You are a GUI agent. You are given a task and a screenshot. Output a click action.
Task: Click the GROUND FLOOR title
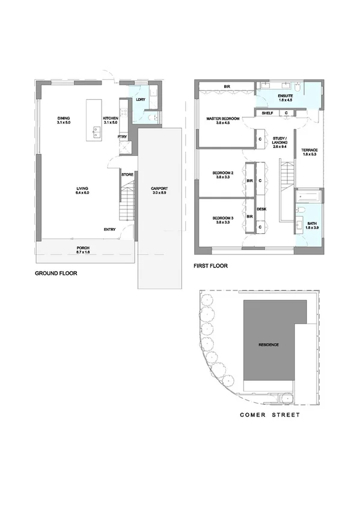click(56, 272)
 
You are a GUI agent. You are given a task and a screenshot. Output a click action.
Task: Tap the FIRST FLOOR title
click(210, 265)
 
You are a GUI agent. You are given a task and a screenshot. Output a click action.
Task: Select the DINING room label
click(64, 118)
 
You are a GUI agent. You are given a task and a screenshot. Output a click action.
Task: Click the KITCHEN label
click(111, 118)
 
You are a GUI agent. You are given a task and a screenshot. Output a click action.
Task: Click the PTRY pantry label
click(122, 137)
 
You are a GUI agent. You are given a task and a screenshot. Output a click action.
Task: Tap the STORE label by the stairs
click(127, 174)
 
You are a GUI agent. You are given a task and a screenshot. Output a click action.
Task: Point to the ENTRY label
click(109, 229)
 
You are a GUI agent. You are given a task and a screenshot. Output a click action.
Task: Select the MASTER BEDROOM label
click(223, 119)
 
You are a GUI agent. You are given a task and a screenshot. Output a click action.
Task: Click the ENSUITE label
click(285, 96)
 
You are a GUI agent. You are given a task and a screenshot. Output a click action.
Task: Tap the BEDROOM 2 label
click(223, 174)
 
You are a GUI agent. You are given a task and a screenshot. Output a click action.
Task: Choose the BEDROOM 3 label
click(223, 218)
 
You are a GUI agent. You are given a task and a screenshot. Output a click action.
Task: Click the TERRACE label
click(309, 150)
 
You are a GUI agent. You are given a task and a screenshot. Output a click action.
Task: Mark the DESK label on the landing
click(261, 209)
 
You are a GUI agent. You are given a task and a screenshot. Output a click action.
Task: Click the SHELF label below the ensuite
click(267, 112)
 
